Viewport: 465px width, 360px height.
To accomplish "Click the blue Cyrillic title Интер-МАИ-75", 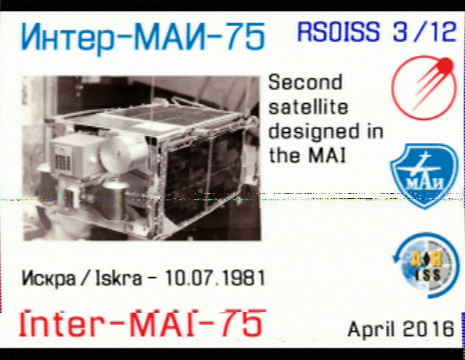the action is (142, 38).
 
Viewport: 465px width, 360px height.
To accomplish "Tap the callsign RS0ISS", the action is (339, 31).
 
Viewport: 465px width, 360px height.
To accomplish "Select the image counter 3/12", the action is (424, 31).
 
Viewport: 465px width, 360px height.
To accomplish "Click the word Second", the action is (305, 82).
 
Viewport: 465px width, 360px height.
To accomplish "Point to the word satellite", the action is (308, 107).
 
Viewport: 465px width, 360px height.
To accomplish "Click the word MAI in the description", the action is (327, 155).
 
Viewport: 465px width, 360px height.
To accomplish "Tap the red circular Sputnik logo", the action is (424, 88).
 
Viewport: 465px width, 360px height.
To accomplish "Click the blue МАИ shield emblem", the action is (424, 176).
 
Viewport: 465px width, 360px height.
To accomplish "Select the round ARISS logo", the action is (424, 265).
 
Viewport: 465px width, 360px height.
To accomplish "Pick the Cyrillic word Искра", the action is (49, 279).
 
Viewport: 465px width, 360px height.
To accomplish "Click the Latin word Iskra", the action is (118, 278).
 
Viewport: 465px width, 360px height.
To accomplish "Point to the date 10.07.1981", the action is (215, 278).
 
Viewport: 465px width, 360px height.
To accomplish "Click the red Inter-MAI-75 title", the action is (142, 323).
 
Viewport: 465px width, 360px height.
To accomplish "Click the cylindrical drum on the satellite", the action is (124, 154).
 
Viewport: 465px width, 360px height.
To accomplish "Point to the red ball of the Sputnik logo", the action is (444, 65).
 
